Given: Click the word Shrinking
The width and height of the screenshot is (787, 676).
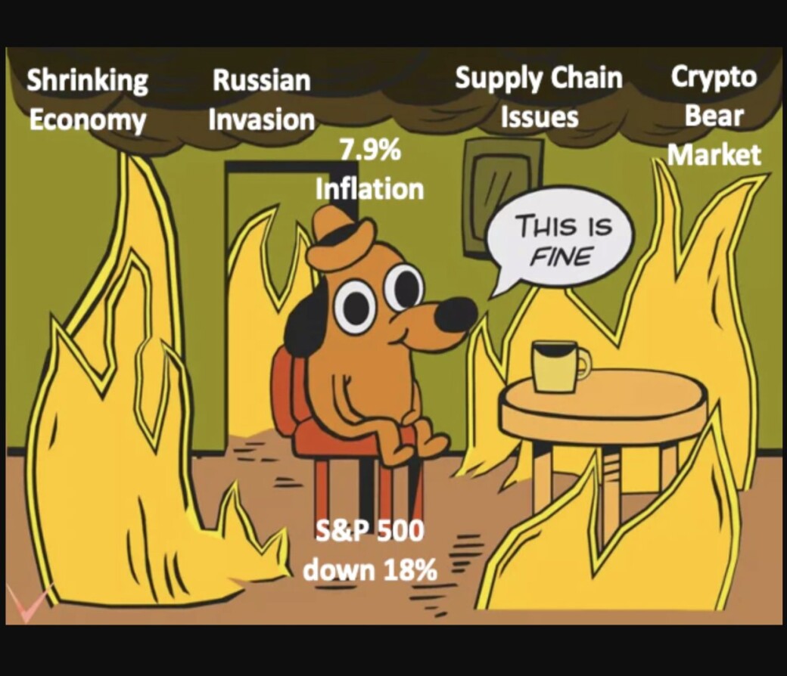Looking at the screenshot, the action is pos(87,81).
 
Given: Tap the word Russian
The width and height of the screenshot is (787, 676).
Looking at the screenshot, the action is pos(262,80).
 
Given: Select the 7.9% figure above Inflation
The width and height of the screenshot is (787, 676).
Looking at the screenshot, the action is pos(370,150).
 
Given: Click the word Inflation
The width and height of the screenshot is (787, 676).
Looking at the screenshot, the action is pos(370,189).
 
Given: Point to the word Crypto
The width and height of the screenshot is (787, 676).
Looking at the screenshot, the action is pos(714,78).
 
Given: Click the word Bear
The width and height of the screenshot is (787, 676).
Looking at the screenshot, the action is pos(714,116).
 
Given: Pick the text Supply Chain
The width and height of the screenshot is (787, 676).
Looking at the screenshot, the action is pos(539,79).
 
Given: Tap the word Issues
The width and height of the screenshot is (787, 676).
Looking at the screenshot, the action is pos(540,117).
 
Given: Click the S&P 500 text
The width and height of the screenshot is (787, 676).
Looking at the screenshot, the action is pos(370,531).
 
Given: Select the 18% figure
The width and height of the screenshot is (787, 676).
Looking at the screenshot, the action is pos(411,570).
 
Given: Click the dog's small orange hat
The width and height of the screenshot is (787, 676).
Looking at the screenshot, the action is pos(341,240).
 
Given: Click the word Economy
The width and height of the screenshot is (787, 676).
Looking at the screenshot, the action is pos(87,120).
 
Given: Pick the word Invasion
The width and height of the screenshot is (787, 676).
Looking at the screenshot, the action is pos(262,119).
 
